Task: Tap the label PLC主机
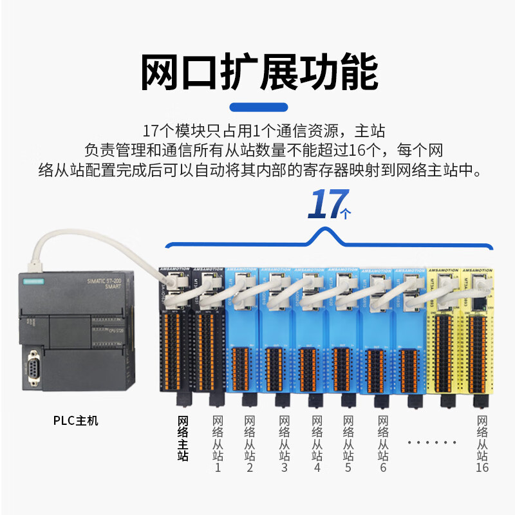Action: [76, 422]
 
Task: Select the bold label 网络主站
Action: [183, 438]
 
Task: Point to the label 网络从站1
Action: [217, 444]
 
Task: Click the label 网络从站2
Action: [250, 444]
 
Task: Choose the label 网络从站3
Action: [284, 444]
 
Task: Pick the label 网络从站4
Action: [317, 444]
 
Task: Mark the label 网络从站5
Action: [348, 444]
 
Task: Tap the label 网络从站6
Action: [383, 444]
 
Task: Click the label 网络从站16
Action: [482, 444]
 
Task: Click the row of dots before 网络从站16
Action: [433, 442]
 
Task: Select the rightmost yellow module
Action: [476, 335]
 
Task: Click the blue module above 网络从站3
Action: [277, 335]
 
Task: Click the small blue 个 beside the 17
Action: [347, 214]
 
